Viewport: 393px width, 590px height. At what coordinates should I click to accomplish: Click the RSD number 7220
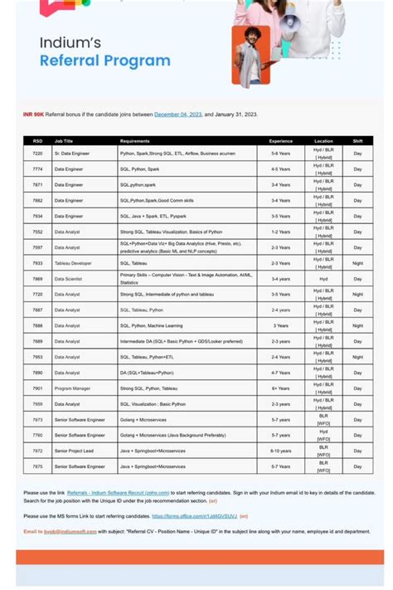click(37, 154)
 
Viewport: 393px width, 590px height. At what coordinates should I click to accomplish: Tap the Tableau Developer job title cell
click(73, 263)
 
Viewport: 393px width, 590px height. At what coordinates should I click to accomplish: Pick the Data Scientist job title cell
click(69, 279)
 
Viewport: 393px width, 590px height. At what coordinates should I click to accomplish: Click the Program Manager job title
click(72, 388)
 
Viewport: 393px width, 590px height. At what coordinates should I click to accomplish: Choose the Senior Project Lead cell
click(75, 451)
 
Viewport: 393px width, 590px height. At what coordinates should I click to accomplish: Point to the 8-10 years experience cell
click(280, 451)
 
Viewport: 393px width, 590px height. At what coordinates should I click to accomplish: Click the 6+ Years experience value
click(280, 388)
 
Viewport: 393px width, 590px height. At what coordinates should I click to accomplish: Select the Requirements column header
click(134, 141)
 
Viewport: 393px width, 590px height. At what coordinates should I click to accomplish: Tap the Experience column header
click(280, 141)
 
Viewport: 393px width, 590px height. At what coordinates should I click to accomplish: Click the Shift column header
click(357, 141)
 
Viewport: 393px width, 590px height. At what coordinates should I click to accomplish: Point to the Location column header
click(323, 141)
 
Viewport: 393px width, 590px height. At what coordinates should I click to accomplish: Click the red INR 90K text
click(33, 114)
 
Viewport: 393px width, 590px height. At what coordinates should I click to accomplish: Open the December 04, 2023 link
click(177, 114)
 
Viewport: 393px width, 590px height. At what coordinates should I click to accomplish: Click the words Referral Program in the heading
click(104, 61)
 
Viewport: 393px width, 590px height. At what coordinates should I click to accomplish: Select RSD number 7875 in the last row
click(37, 466)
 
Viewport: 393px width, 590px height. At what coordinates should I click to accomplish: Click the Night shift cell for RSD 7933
click(357, 263)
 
